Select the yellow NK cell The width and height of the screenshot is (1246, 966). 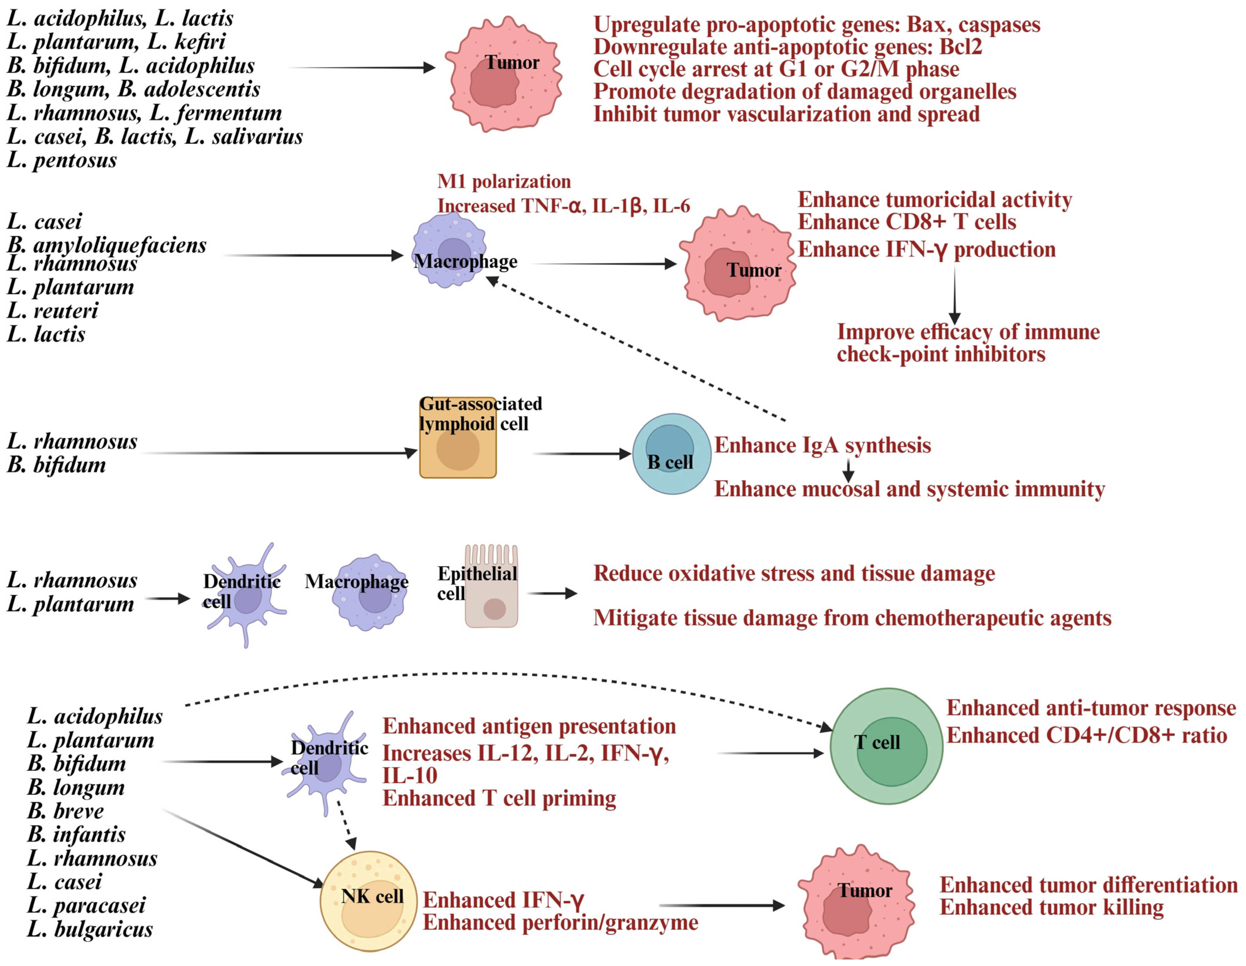tap(370, 901)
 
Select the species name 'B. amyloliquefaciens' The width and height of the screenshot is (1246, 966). tap(107, 245)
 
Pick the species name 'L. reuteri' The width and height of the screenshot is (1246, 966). tap(52, 311)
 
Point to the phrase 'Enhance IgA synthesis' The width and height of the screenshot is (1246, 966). tap(822, 445)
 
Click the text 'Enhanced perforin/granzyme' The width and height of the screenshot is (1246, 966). tap(560, 922)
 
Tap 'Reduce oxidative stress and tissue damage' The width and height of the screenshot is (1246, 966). tap(794, 573)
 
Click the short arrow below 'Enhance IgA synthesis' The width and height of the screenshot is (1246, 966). tap(848, 470)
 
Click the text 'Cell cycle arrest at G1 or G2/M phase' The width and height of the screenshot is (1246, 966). tap(776, 69)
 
